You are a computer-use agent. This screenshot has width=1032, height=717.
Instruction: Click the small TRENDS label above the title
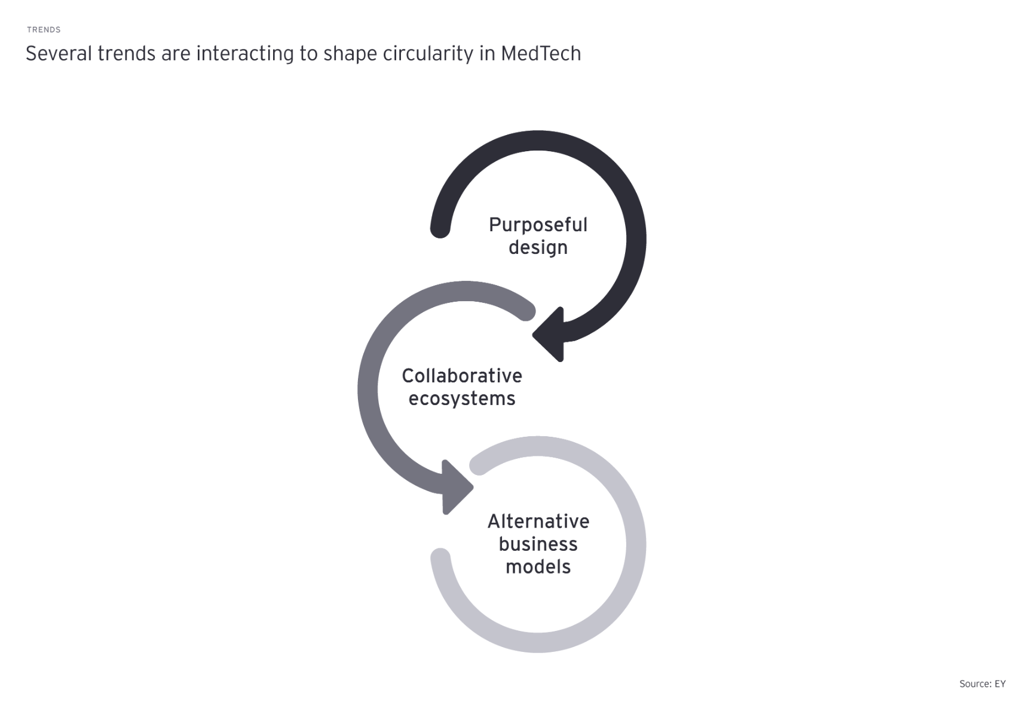point(44,30)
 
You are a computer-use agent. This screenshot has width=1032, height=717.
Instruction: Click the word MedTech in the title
point(541,54)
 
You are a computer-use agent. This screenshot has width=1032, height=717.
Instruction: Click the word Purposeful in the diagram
point(538,225)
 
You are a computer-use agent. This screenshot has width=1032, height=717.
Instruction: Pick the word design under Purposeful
point(538,247)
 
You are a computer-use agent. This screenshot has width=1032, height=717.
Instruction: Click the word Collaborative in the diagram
point(462,376)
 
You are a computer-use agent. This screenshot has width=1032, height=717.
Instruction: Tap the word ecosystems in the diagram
point(462,399)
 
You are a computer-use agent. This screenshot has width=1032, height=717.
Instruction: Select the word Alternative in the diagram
point(538,522)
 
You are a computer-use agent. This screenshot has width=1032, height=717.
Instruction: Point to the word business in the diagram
point(538,544)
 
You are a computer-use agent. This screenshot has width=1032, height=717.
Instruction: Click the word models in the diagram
point(538,567)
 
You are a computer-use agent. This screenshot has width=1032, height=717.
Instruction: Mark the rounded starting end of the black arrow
point(440,228)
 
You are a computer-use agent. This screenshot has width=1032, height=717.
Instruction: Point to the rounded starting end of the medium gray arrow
point(526,311)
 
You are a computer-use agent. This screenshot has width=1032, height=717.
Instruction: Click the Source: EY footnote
point(982,684)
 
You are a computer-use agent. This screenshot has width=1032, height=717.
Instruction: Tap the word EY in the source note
point(1000,684)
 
